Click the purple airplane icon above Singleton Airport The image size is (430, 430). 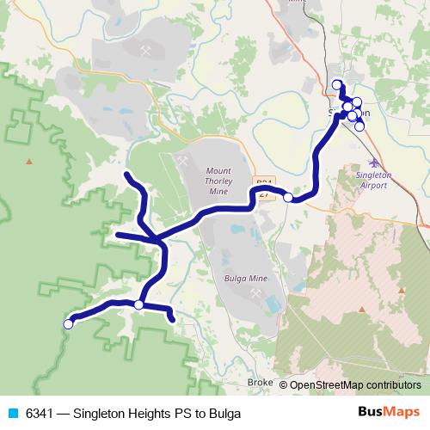(372, 162)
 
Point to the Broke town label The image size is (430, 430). (259, 382)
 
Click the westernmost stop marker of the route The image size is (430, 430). (68, 324)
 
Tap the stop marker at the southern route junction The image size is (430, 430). (138, 304)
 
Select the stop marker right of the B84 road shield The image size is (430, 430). (288, 197)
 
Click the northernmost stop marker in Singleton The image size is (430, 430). (336, 84)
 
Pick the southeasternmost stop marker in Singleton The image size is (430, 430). (359, 126)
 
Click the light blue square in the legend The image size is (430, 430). (13, 414)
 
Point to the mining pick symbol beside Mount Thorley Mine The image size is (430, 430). (184, 159)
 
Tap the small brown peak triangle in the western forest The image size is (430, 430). (29, 161)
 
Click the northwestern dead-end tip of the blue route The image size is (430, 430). (127, 175)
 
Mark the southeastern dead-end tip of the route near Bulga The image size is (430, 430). (174, 320)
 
